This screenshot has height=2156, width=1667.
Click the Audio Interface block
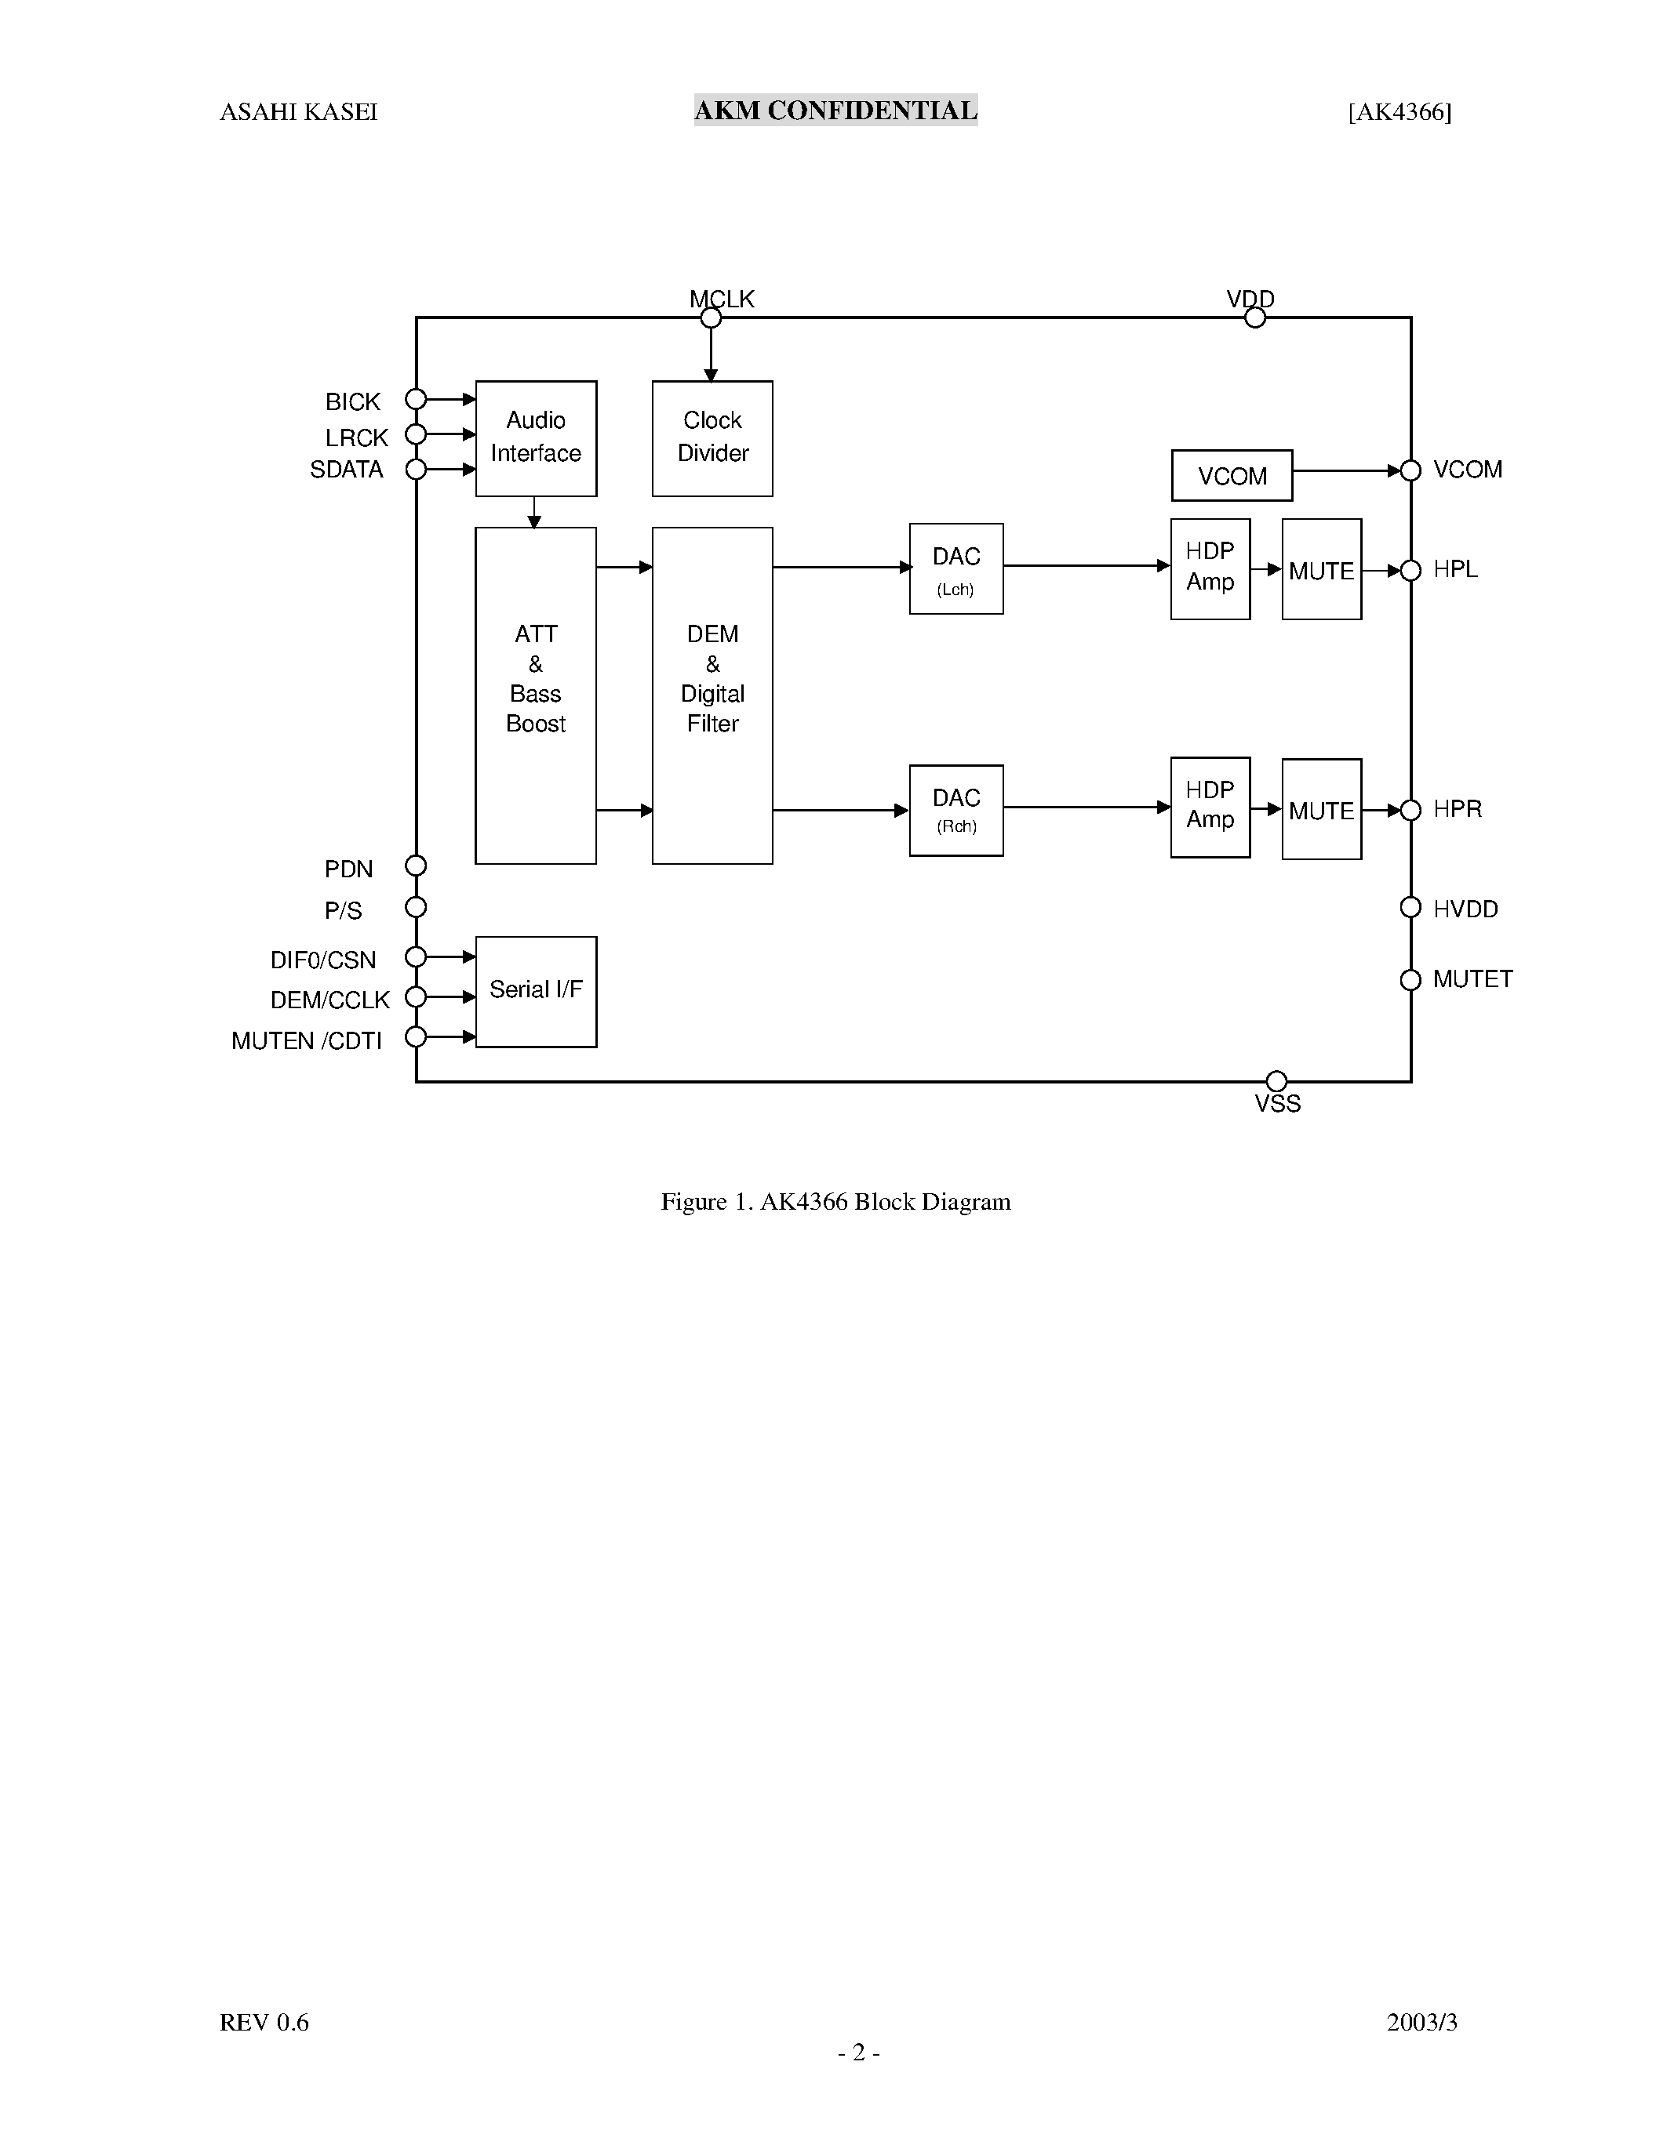[535, 438]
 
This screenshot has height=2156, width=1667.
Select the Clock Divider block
[712, 438]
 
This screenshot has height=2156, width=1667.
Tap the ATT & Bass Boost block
[535, 695]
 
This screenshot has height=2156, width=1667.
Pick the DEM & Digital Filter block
[712, 695]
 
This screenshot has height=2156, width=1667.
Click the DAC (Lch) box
[956, 568]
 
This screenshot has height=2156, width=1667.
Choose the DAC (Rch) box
[956, 811]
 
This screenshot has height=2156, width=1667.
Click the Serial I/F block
[535, 991]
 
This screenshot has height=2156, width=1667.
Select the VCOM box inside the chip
[1232, 476]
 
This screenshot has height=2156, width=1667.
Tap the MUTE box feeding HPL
[1321, 570]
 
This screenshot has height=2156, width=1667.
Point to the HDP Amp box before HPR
[1210, 808]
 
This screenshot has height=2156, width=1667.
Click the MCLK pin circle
[710, 318]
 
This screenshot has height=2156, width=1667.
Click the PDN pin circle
[416, 866]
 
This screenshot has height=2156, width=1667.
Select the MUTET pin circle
[1410, 979]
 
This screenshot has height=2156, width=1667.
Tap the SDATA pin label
[346, 470]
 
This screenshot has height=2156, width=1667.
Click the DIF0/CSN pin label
[323, 960]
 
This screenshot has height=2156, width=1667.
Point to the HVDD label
[1465, 909]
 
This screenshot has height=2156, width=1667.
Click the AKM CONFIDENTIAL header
[835, 111]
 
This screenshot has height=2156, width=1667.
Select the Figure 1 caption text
[835, 1201]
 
